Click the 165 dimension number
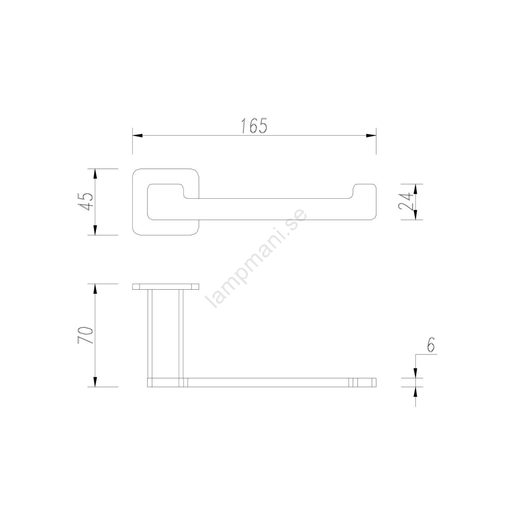pyautogui.click(x=254, y=126)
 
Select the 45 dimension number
pyautogui.click(x=85, y=202)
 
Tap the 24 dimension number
pyautogui.click(x=406, y=202)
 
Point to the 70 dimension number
pyautogui.click(x=85, y=335)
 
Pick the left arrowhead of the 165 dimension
pyautogui.click(x=137, y=136)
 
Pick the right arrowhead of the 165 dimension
pyautogui.click(x=371, y=136)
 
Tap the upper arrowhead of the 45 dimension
pyautogui.click(x=95, y=174)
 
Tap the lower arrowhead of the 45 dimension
pyautogui.click(x=95, y=230)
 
